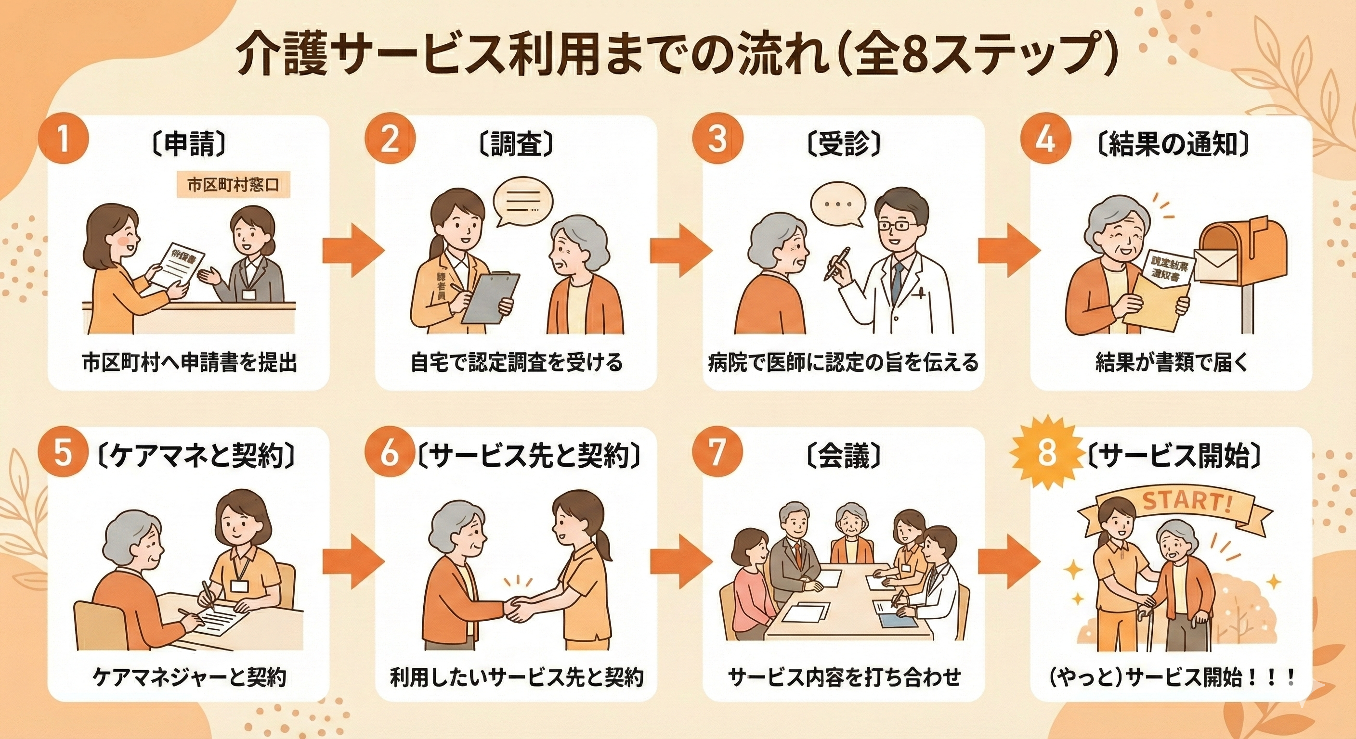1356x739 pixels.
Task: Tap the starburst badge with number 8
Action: point(1046,453)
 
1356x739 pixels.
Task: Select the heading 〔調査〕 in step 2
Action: point(516,143)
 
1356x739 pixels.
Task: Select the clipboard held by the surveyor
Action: point(490,298)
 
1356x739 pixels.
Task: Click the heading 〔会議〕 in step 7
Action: point(843,453)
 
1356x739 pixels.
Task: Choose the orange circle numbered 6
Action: point(390,453)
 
